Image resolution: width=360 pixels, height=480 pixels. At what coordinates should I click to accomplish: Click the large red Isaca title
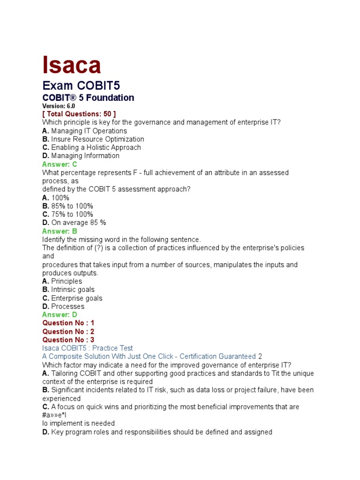pos(72,65)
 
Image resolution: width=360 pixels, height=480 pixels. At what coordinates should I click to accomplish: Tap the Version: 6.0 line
pos(59,106)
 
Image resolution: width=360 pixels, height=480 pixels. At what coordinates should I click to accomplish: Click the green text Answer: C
pos(60,165)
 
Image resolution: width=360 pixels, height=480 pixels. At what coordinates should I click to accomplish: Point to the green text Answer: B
pos(60,231)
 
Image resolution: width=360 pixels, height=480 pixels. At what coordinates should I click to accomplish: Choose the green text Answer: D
pos(60,315)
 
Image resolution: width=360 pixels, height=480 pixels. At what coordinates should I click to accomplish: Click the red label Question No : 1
pos(68,323)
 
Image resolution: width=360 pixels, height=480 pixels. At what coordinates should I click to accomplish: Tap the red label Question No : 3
pos(68,340)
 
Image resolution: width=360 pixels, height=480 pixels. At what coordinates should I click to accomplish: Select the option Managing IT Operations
pos(89,131)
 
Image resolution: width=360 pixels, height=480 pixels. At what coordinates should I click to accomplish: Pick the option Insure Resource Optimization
pos(97,139)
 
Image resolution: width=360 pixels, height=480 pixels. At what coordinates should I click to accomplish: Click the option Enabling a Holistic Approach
pos(96,148)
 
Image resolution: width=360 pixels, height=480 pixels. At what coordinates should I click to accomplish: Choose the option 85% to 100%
pos(72,206)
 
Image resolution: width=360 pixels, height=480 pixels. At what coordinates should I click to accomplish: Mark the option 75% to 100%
pos(72,215)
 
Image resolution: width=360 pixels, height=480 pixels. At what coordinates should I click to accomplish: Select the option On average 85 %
pos(79,223)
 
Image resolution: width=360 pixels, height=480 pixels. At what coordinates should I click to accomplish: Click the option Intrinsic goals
pos(73,290)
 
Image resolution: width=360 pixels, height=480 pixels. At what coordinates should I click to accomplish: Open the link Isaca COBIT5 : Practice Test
pos(88,348)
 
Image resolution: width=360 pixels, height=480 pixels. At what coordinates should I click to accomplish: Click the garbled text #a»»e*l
pos(55,415)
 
